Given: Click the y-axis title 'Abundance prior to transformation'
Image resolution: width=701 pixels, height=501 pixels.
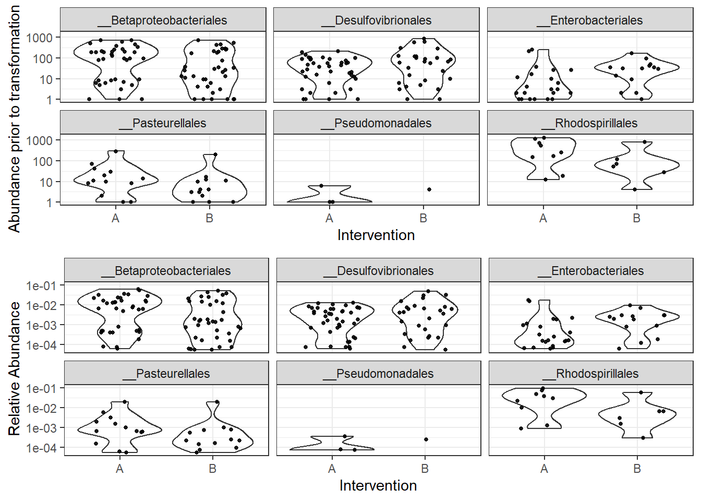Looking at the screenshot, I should click(14, 118).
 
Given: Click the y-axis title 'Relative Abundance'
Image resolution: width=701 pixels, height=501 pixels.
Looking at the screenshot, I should click(14, 368).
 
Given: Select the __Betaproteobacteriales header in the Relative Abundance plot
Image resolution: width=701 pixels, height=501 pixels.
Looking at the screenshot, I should click(166, 271).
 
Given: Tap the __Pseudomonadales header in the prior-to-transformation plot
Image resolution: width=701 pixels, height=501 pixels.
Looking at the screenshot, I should click(376, 123).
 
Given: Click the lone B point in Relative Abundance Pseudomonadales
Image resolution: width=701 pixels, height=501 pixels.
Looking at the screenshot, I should click(426, 439).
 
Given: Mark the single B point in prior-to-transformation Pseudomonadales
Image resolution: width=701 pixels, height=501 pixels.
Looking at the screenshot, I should click(429, 189).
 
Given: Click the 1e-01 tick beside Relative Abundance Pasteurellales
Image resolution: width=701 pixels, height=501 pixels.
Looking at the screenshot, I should click(41, 389).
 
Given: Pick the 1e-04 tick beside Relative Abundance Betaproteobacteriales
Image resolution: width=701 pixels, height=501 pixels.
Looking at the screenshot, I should click(41, 345).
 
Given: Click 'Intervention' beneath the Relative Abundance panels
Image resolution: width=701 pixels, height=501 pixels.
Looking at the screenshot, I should click(378, 485).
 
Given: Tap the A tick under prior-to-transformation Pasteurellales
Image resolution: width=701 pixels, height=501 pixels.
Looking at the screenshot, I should click(116, 218).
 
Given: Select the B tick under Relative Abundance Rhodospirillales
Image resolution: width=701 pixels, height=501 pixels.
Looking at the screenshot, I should click(637, 469).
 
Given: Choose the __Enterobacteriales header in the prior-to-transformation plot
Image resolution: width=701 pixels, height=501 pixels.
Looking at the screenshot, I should click(590, 20).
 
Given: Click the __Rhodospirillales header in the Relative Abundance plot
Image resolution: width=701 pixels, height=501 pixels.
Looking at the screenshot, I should click(590, 374).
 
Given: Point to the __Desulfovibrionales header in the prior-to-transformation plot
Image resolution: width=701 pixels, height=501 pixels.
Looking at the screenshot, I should click(376, 20).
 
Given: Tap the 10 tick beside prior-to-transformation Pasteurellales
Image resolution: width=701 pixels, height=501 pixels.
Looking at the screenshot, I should click(46, 183).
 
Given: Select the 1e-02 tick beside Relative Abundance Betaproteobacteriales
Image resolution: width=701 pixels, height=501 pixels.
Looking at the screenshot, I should click(41, 305).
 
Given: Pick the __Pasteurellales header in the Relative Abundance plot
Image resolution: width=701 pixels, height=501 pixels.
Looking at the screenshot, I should click(166, 374).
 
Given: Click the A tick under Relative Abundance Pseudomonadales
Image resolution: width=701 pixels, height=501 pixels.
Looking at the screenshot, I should click(332, 469).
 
